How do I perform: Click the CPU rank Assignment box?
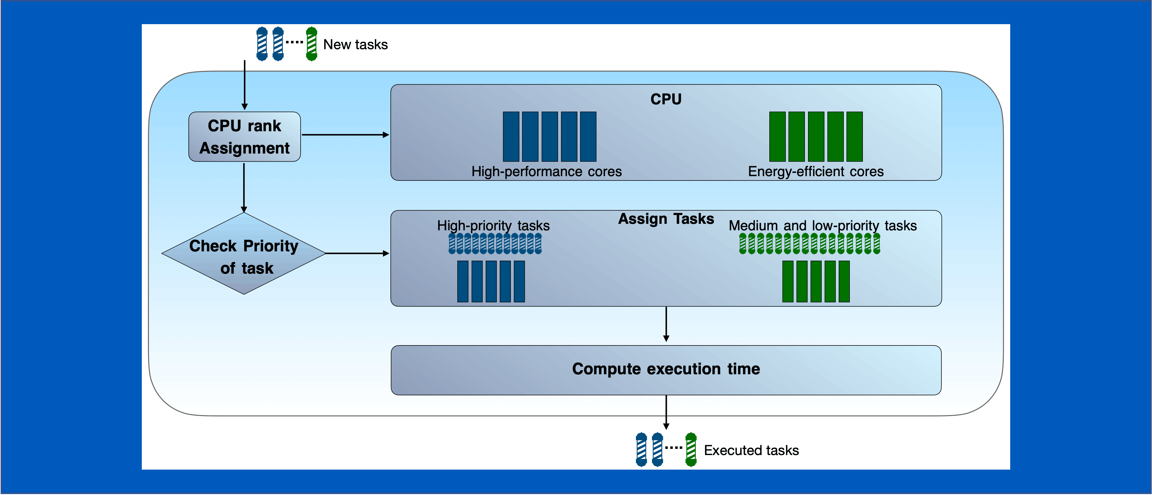(244, 137)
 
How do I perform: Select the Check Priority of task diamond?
(244, 254)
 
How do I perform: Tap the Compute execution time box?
(666, 370)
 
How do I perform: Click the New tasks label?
(355, 45)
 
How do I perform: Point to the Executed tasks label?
(751, 450)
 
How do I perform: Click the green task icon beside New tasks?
(312, 44)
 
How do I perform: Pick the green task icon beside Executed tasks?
(691, 449)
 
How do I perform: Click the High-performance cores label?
(546, 172)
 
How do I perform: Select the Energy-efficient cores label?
(816, 172)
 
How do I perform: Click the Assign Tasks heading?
(666, 219)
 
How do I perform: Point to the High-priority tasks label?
(493, 226)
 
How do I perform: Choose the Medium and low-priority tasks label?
(822, 226)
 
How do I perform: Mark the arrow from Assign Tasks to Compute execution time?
(666, 324)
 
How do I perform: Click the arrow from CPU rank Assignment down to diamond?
(244, 188)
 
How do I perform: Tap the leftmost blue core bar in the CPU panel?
(511, 137)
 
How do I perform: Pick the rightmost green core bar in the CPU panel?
(854, 137)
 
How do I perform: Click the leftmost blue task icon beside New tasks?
(262, 44)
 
